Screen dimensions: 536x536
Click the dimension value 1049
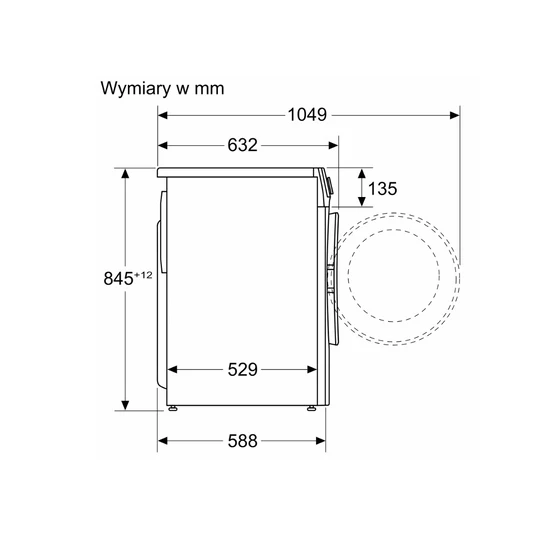(x=307, y=115)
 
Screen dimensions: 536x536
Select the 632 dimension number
(x=242, y=145)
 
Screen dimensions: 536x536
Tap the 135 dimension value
(x=383, y=189)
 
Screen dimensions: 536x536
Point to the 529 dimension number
(x=242, y=370)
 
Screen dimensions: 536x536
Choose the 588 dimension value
(x=242, y=441)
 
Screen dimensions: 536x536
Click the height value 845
(x=118, y=278)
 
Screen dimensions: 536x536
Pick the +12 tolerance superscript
(x=143, y=275)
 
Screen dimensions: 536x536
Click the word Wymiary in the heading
(x=135, y=89)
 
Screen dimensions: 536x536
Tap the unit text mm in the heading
(x=209, y=89)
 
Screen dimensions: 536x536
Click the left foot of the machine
(x=173, y=408)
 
